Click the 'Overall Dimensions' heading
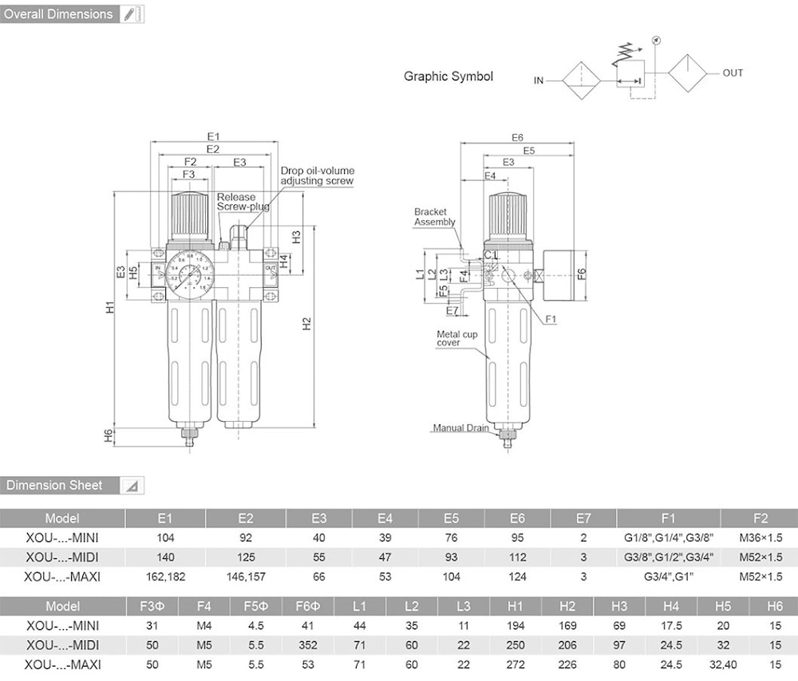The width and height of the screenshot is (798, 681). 59,14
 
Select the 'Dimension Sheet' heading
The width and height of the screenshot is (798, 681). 55,485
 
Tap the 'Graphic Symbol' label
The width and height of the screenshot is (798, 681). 448,77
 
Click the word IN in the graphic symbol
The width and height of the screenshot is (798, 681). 539,81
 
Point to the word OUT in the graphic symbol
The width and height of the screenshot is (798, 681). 733,73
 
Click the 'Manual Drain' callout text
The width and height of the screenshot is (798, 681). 460,428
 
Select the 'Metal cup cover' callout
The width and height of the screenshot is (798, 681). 457,338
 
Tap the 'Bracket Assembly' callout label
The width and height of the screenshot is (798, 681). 434,217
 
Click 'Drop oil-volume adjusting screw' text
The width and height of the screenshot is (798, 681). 317,175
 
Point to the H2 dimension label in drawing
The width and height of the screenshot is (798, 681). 306,323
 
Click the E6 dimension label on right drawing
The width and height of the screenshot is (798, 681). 517,138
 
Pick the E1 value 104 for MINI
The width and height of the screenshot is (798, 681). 165,537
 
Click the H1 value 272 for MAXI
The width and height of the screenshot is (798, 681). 516,663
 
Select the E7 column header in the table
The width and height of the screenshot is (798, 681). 583,518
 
